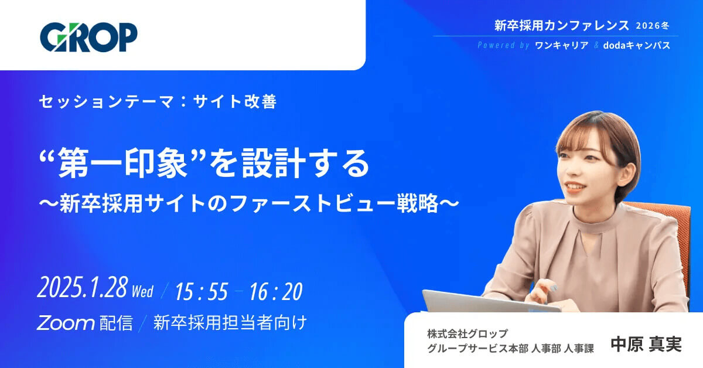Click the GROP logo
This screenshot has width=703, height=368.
point(88,37)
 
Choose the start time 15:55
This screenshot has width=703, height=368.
point(201,291)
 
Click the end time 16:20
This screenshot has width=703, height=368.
point(276,291)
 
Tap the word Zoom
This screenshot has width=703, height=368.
point(66,323)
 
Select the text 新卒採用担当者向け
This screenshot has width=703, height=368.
point(230,323)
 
